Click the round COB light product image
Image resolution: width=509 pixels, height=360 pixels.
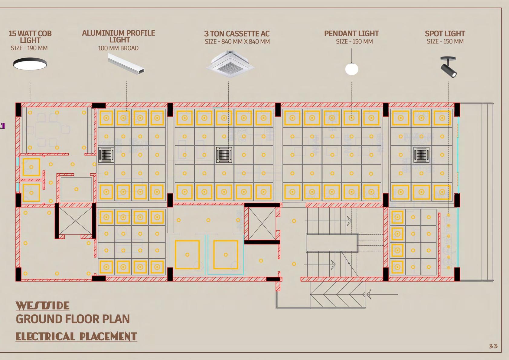[x=30, y=64]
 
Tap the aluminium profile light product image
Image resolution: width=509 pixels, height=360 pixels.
[x=126, y=64]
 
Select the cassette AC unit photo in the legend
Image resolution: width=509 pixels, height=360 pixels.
[x=230, y=64]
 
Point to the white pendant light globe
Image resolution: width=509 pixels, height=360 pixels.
[x=352, y=69]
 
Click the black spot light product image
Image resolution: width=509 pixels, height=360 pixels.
[x=449, y=67]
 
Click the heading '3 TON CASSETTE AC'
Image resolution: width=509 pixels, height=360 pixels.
[x=237, y=34]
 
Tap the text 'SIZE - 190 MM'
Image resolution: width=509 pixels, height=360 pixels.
[x=29, y=48]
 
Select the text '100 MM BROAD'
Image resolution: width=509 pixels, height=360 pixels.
[x=118, y=48]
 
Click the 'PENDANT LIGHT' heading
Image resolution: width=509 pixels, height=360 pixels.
[x=351, y=34]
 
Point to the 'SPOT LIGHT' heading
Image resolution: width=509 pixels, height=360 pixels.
[x=445, y=34]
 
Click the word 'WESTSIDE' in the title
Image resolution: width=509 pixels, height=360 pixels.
[x=43, y=306]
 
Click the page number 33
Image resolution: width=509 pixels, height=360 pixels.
[x=493, y=346]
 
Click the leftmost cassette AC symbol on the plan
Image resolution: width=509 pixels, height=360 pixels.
[x=106, y=155]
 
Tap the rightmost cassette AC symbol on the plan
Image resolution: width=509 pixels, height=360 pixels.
[x=421, y=155]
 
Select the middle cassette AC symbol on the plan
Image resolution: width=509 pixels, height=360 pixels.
[x=224, y=155]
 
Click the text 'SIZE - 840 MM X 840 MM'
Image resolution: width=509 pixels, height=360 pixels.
[x=237, y=42]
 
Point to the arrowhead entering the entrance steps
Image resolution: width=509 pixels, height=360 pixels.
[x=369, y=294]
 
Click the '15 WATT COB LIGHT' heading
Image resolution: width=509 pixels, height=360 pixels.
[x=30, y=37]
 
